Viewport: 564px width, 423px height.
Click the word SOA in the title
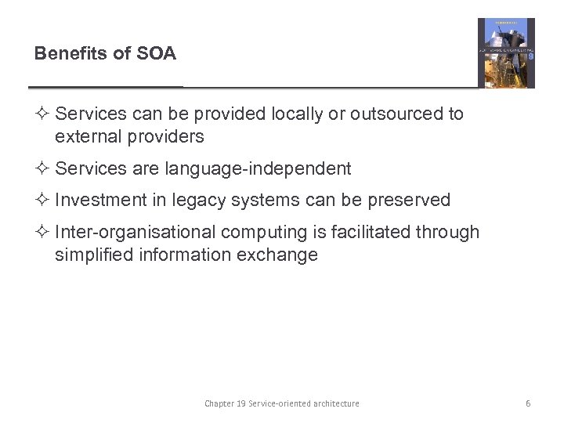(x=157, y=53)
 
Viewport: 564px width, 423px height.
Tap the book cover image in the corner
(x=506, y=52)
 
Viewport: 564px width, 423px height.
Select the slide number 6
(x=528, y=403)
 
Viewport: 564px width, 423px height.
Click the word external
(x=87, y=137)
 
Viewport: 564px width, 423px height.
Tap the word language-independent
(x=258, y=169)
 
